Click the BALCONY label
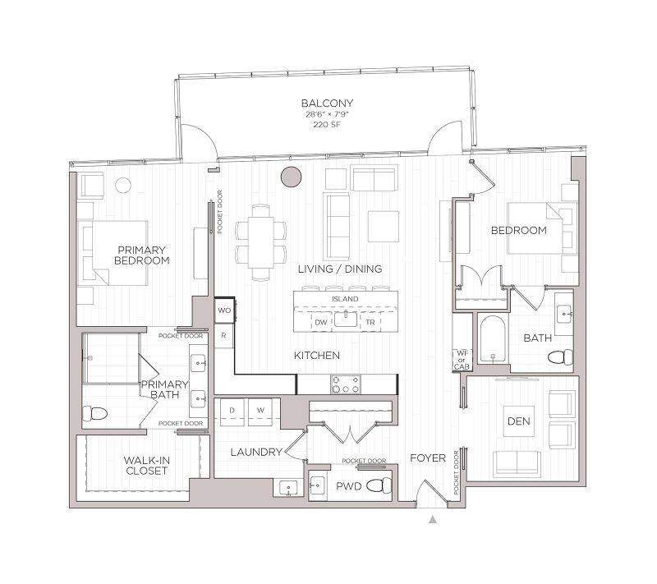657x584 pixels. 327,103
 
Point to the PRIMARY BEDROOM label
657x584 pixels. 142,255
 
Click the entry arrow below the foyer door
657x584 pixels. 433,519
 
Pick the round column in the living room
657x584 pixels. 291,176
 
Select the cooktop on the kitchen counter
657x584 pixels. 345,384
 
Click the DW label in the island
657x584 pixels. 321,322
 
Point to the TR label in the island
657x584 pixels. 371,322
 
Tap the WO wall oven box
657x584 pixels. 224,310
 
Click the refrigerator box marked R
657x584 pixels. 223,336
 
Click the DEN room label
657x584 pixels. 518,421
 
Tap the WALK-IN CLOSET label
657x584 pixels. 147,466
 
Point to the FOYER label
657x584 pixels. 428,458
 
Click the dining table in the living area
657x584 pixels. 262,241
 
